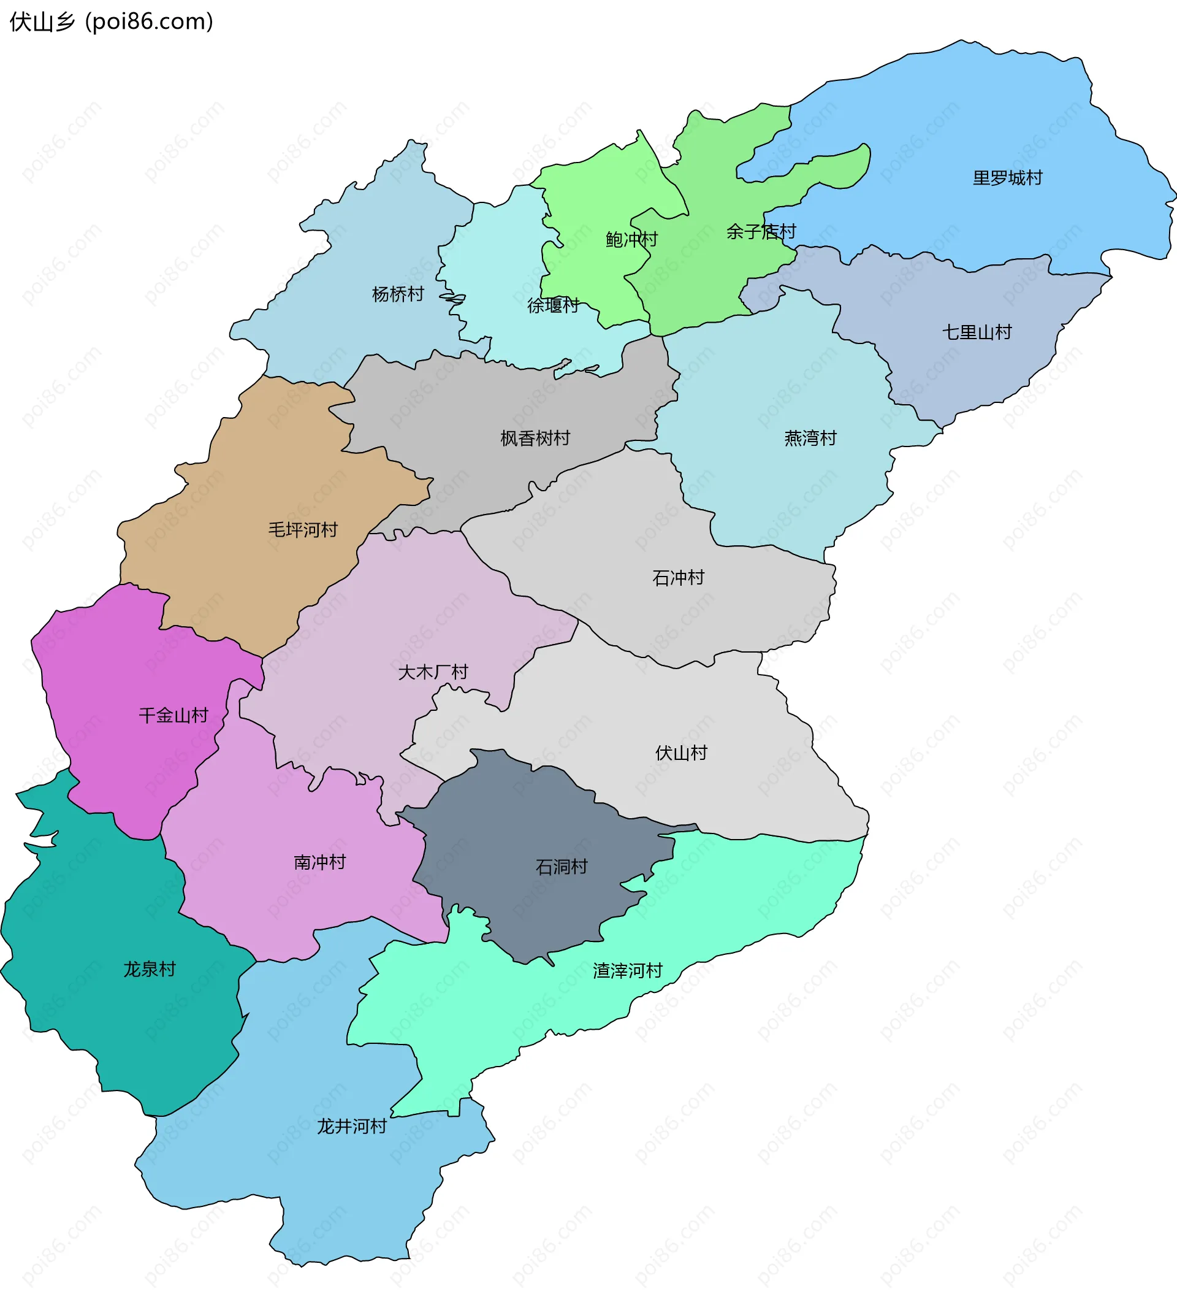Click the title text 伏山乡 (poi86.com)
point(111,22)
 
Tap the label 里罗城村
point(1007,178)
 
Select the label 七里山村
point(977,332)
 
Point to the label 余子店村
point(761,232)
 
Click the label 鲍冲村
point(631,240)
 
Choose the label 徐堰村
point(553,305)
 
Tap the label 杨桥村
point(398,294)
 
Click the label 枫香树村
point(535,439)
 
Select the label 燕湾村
point(810,439)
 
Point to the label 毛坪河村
point(303,530)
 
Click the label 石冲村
point(678,578)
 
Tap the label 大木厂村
point(433,672)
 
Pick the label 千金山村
point(173,716)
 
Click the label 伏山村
point(681,753)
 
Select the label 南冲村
point(319,862)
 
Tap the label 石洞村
point(562,867)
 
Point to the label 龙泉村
point(150,969)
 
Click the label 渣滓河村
point(627,971)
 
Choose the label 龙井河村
point(351,1127)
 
